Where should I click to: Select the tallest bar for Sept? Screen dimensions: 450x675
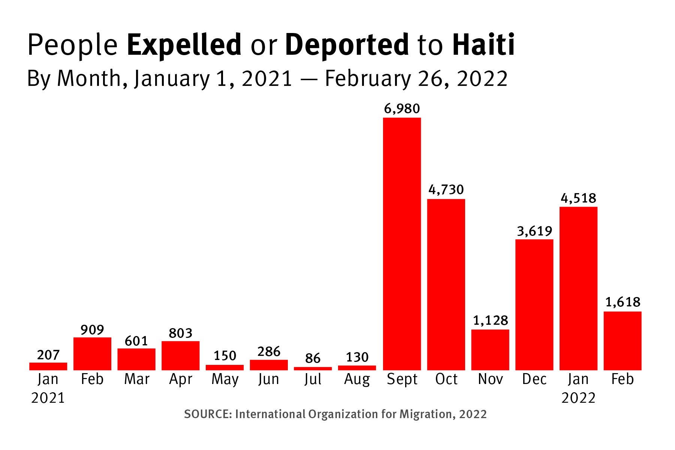click(x=402, y=244)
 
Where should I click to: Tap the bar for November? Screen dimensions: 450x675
click(x=490, y=349)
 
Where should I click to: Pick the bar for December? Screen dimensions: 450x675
click(x=534, y=304)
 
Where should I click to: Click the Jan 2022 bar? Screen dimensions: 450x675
click(x=578, y=288)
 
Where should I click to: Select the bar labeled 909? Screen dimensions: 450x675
click(x=92, y=354)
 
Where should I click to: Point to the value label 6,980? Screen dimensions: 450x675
click(x=402, y=109)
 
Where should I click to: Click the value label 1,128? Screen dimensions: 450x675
click(x=490, y=321)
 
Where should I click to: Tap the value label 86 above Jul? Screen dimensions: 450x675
click(x=313, y=358)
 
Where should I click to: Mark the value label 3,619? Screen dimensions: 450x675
click(x=534, y=231)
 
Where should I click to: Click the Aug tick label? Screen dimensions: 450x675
click(x=357, y=379)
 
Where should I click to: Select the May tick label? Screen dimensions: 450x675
click(x=225, y=379)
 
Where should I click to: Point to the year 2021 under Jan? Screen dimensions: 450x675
click(x=48, y=398)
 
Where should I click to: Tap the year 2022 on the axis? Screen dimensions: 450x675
click(x=578, y=398)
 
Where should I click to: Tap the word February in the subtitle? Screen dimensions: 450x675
click(x=368, y=79)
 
